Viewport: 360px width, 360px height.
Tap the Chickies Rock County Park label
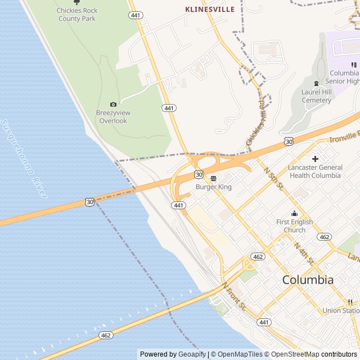77,15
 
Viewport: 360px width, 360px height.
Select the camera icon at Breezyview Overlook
114,104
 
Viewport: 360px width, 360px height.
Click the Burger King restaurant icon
213,178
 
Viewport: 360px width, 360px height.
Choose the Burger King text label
213,187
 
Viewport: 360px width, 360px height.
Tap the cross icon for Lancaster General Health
315,159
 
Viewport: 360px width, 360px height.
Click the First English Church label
294,226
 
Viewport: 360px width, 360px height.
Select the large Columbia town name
308,280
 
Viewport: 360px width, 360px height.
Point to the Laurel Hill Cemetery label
316,96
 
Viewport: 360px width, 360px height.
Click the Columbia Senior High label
344,77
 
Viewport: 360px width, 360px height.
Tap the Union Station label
341,310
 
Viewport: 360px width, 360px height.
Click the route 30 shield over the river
90,201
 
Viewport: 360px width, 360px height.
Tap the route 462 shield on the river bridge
106,335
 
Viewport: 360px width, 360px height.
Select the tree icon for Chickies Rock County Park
77,2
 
